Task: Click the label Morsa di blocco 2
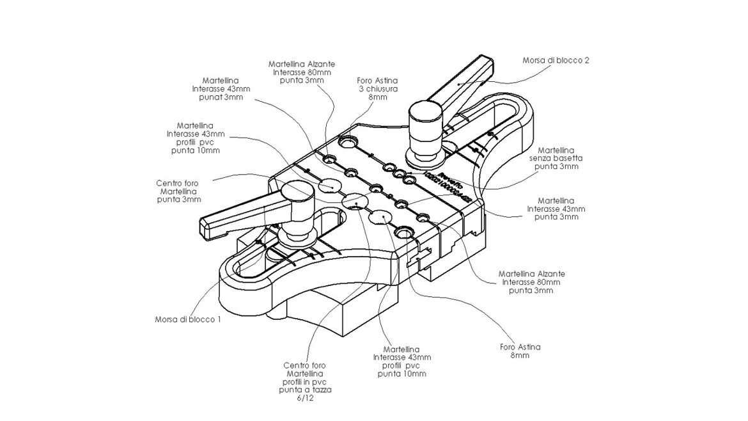555,60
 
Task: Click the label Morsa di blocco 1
188,319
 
